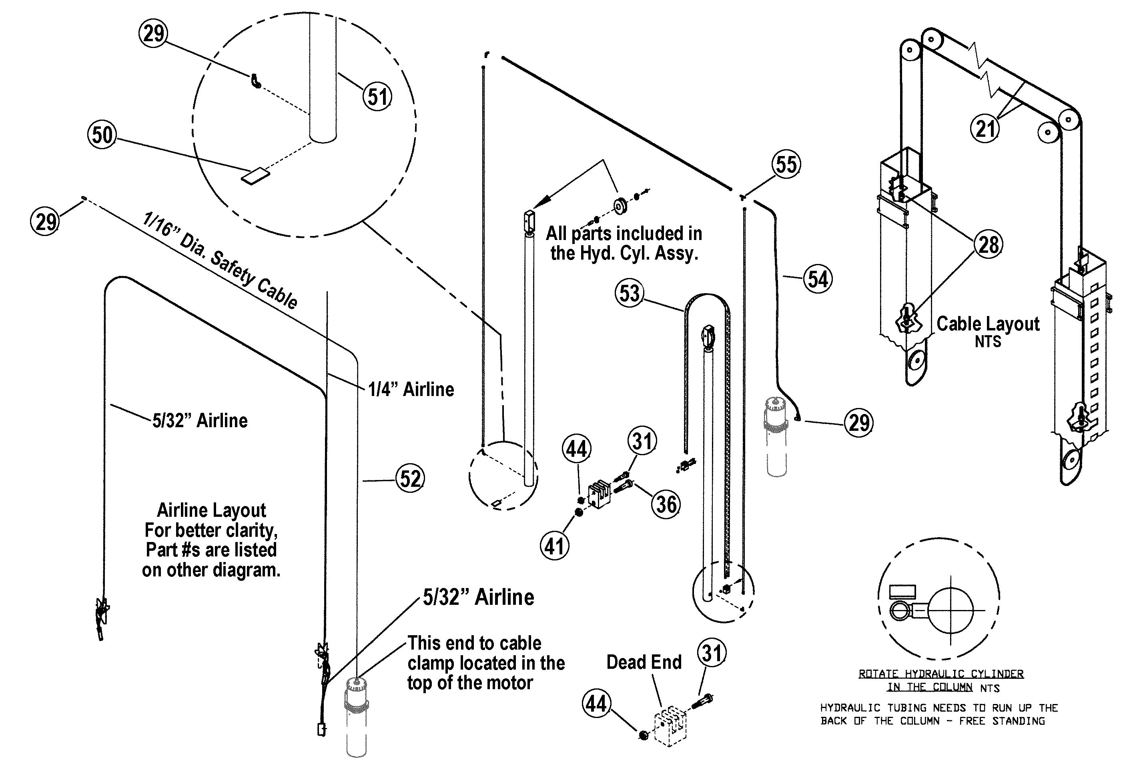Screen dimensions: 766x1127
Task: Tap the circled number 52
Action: click(x=410, y=479)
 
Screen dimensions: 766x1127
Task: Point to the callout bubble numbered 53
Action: click(x=630, y=293)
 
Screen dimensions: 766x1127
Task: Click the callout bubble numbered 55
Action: click(x=786, y=164)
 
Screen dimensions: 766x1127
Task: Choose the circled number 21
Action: click(x=985, y=129)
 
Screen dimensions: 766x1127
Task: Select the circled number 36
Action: click(x=666, y=504)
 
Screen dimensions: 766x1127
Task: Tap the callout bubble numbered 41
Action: click(x=554, y=546)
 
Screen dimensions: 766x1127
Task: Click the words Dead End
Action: click(x=644, y=662)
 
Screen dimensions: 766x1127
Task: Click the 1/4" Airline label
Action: click(x=411, y=389)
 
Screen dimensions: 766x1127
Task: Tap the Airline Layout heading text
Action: click(x=211, y=510)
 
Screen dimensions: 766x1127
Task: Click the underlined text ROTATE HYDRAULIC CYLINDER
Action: click(x=941, y=674)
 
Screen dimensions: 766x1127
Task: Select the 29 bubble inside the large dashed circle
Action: click(x=153, y=34)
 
